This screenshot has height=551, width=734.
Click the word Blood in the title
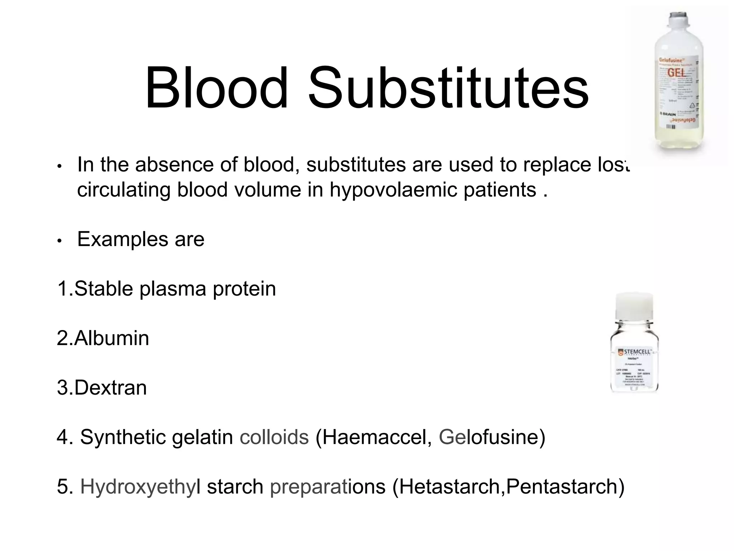click(x=216, y=89)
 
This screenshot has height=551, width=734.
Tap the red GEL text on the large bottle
click(x=676, y=73)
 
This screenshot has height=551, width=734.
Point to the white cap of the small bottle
click(x=634, y=305)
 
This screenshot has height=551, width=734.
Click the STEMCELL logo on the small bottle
click(x=634, y=352)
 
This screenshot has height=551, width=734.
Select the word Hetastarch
click(x=450, y=486)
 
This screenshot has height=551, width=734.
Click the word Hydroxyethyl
click(x=140, y=487)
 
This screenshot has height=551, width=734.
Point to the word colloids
click(x=274, y=437)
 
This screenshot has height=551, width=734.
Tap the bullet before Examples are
click(x=60, y=241)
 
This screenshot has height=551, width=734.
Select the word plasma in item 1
click(x=173, y=289)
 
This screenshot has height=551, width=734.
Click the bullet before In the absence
click(x=60, y=166)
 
